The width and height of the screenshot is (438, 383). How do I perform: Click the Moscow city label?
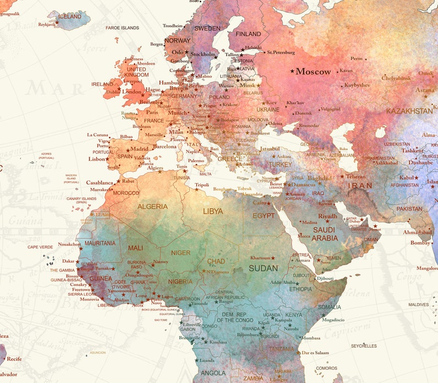click(x=313, y=72)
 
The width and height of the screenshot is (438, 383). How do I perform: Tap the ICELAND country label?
click(x=70, y=17)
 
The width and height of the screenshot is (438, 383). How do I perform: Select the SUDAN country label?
click(x=263, y=268)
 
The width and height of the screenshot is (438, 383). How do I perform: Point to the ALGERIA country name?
click(x=153, y=206)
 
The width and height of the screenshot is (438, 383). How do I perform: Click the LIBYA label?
click(x=213, y=211)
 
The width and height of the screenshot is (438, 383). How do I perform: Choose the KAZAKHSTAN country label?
click(x=409, y=111)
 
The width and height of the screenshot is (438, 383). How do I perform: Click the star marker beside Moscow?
click(x=292, y=71)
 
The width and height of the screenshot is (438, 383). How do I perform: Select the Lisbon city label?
click(x=97, y=159)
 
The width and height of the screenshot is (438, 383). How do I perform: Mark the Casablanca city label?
click(x=99, y=182)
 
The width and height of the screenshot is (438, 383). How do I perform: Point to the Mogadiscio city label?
click(x=333, y=320)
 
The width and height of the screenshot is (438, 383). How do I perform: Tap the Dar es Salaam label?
click(x=315, y=353)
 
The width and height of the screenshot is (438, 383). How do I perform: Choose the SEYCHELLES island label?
click(x=364, y=346)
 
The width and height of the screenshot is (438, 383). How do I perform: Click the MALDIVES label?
click(x=418, y=305)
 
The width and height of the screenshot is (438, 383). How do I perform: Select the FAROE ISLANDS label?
click(x=122, y=28)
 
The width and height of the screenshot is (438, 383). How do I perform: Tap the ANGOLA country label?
click(x=213, y=373)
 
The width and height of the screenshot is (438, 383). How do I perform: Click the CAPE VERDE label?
click(x=40, y=247)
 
